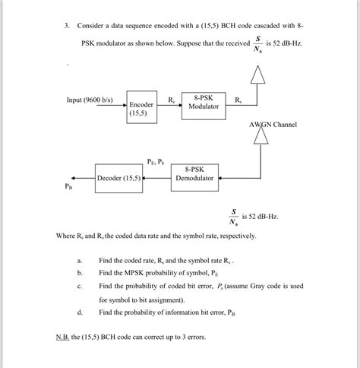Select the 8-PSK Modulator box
pyautogui.click(x=203, y=103)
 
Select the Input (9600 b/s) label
pyautogui.click(x=90, y=100)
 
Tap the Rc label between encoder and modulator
pyautogui.click(x=172, y=99)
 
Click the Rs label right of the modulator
pyautogui.click(x=238, y=99)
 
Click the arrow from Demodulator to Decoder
pyautogui.click(x=157, y=179)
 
